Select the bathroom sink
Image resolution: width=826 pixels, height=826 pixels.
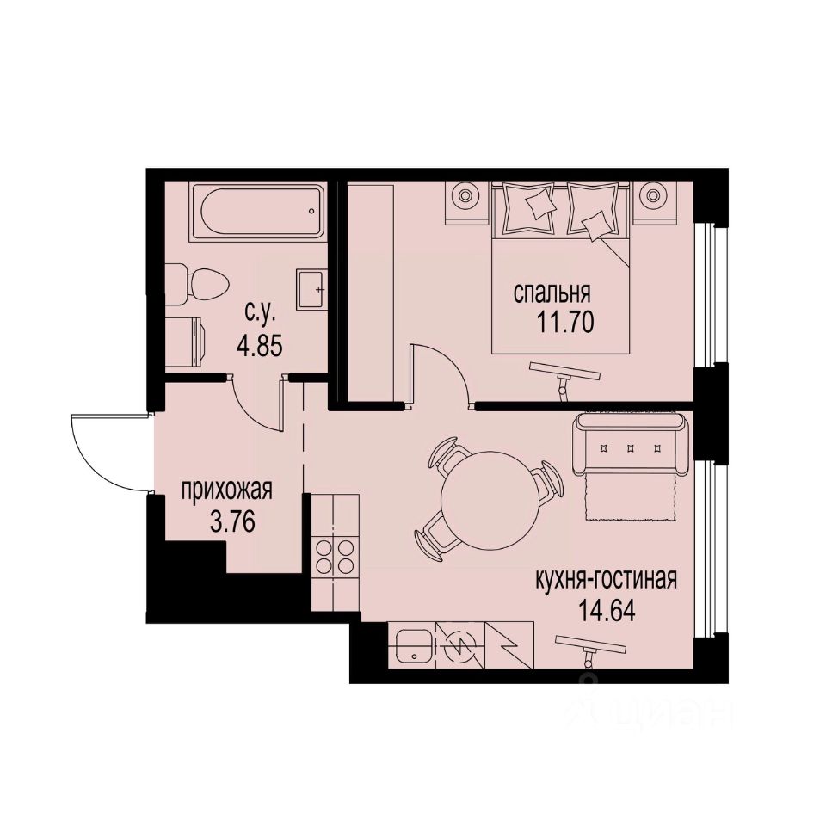point(311,287)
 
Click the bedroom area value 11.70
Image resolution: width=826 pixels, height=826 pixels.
point(565,324)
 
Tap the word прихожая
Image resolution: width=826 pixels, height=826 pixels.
point(226,491)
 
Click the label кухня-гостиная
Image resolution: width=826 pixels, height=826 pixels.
point(606,579)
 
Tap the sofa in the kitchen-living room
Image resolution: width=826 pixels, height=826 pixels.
point(633,446)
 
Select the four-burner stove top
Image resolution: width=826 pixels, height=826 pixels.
point(334,556)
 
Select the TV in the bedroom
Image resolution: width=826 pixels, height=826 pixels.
point(564,371)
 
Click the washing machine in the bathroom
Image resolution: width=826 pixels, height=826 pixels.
point(184,336)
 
